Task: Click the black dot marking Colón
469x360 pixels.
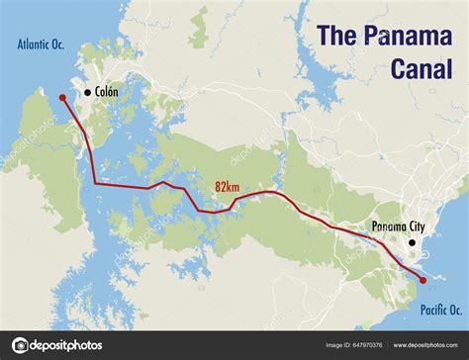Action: click(x=88, y=92)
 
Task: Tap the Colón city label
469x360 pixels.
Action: click(x=107, y=92)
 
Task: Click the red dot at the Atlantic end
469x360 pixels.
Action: click(x=62, y=98)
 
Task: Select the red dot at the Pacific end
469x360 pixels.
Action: click(x=423, y=281)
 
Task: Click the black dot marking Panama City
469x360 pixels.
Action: click(x=412, y=242)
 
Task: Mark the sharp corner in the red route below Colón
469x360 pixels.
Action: click(x=95, y=183)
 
